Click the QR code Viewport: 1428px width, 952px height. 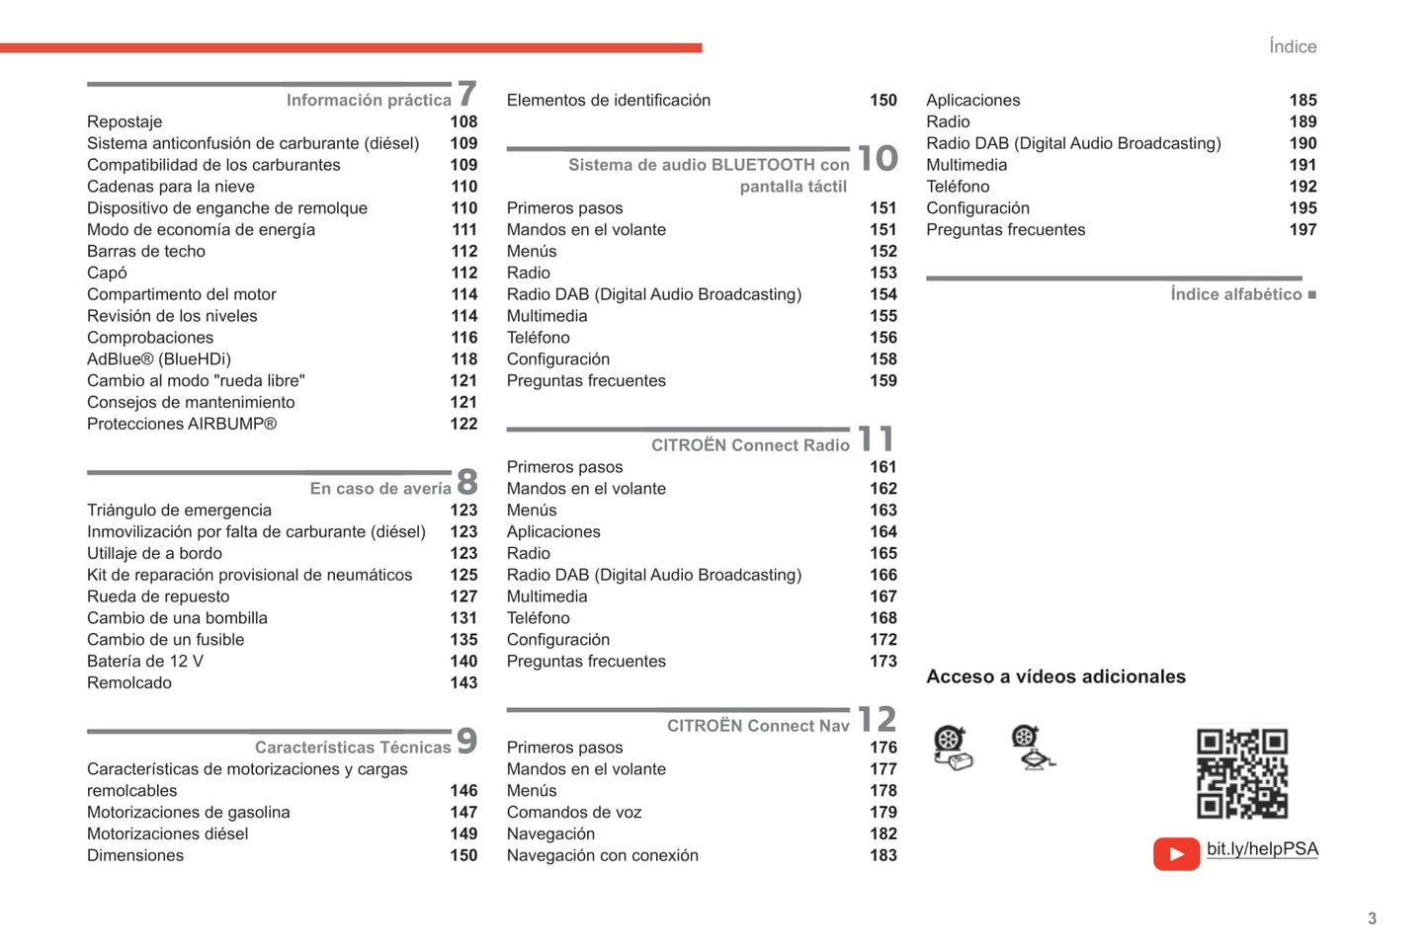[x=1241, y=773]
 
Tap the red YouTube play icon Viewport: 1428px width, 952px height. [x=1176, y=853]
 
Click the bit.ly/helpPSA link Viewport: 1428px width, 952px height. [x=1262, y=849]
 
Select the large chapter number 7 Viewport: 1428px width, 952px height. [x=467, y=94]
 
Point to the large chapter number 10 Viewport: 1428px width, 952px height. [x=878, y=158]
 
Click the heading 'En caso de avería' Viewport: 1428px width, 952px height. [x=380, y=489]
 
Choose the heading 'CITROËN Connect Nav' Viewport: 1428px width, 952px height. [x=758, y=726]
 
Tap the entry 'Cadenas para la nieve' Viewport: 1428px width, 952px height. [x=171, y=187]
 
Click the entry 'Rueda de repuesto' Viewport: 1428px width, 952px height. [x=158, y=596]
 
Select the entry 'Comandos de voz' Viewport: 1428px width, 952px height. [x=574, y=813]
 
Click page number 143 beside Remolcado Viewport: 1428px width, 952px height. [x=463, y=683]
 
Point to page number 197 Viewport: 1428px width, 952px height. [x=1302, y=230]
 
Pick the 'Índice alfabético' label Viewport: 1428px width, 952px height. [x=1235, y=294]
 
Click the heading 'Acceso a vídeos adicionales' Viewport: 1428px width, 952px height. [x=1055, y=676]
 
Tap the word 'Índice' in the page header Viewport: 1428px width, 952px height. [x=1293, y=46]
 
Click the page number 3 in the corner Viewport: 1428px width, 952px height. [x=1372, y=918]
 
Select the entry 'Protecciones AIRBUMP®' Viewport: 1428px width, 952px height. [x=182, y=424]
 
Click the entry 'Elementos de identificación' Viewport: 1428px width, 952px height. [x=609, y=101]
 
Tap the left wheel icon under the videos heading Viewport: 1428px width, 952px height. [x=952, y=747]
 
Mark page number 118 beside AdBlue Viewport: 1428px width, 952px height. [x=463, y=359]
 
